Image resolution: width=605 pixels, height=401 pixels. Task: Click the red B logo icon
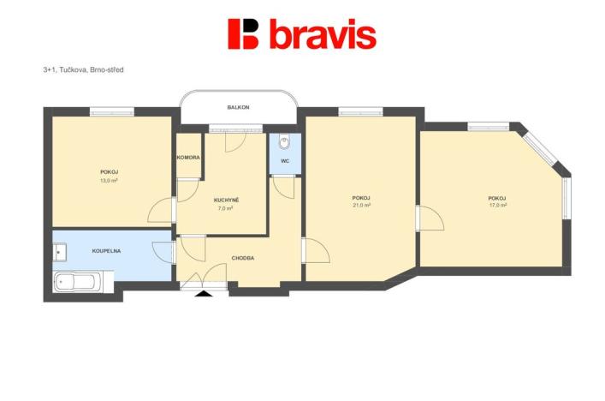tap(243, 33)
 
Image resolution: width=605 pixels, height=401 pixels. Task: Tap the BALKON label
tap(238, 107)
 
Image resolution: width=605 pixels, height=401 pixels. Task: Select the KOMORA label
tap(188, 158)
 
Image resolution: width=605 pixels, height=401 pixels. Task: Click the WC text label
tap(285, 160)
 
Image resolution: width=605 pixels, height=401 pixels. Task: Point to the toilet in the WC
tap(285, 141)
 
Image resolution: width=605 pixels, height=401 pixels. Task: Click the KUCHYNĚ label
tap(226, 200)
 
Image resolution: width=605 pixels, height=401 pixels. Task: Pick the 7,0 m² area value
tap(226, 208)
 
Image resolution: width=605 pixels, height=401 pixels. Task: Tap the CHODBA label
tap(243, 258)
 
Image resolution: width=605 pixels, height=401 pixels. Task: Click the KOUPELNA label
tap(105, 252)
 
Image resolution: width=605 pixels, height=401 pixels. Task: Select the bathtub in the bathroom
tap(78, 281)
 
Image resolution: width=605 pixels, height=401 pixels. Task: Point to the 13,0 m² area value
tap(109, 181)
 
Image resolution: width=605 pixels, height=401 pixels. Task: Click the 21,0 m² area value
tap(361, 206)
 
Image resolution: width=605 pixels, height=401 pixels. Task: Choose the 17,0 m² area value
tap(497, 206)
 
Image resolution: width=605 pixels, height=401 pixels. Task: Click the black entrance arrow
tap(204, 294)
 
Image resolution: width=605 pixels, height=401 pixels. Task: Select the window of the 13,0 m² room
tap(113, 110)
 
